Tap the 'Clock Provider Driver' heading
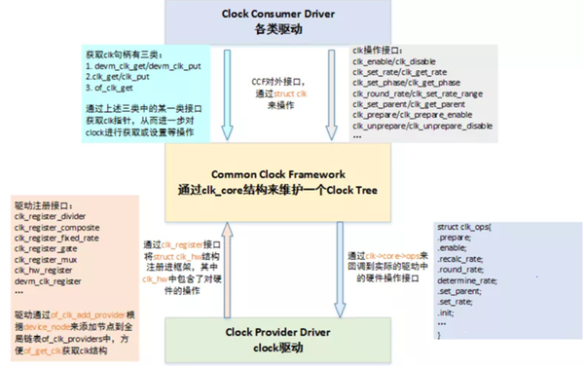(280, 329)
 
